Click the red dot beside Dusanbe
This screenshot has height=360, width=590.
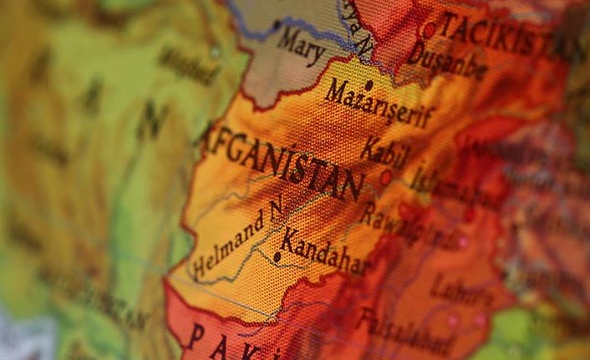429,30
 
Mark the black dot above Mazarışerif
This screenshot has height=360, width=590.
368,84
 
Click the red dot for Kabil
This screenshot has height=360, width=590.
385,177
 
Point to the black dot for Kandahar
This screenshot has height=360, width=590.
277,256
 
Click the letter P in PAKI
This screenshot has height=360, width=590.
194,334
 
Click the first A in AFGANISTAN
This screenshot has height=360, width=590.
208,134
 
